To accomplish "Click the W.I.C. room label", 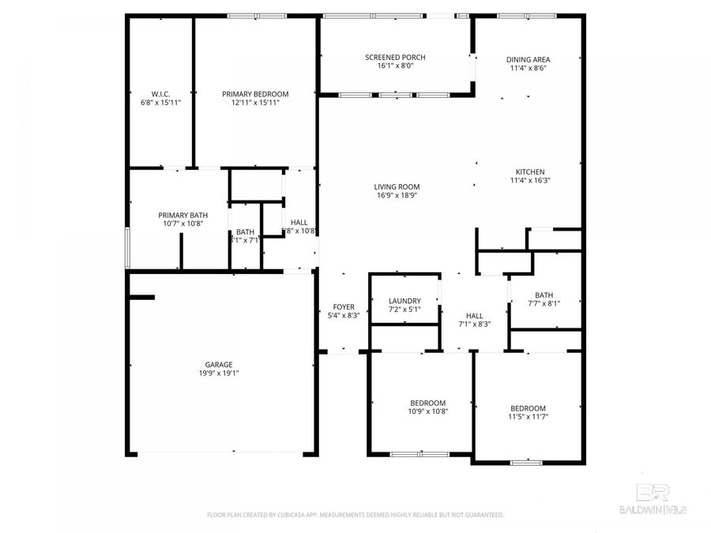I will [x=161, y=93].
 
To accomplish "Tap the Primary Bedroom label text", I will [x=255, y=93].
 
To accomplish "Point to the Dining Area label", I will [x=528, y=59].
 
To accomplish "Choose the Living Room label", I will [x=397, y=186].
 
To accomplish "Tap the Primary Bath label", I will [x=183, y=215].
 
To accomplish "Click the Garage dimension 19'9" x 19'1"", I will [x=219, y=373].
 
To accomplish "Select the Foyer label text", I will [x=344, y=306].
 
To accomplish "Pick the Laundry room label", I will [x=404, y=301].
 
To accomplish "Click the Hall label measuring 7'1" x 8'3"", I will [x=475, y=315].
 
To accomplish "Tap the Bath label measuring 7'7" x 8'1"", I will [x=544, y=295].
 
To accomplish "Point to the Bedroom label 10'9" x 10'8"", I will [x=427, y=402].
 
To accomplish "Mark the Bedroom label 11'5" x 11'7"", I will [x=528, y=407].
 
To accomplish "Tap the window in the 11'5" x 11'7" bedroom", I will [x=521, y=462].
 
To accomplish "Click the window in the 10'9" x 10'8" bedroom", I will [x=420, y=454].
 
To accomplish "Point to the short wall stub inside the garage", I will [x=142, y=297].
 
